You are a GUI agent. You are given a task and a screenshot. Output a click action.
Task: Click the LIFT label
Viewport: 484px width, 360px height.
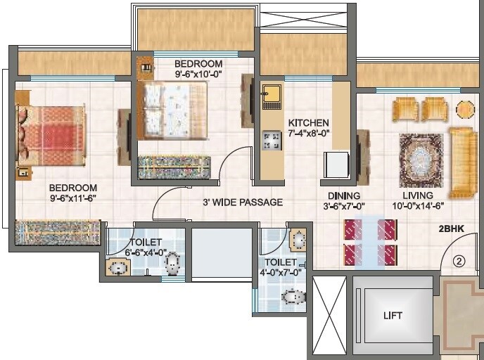click(393, 316)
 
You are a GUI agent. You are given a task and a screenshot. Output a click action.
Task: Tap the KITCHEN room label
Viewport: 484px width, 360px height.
click(309, 122)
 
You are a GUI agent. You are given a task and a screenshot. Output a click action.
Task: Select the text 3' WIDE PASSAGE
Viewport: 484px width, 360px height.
click(243, 202)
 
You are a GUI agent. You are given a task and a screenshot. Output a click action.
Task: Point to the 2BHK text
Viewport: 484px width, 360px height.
click(452, 229)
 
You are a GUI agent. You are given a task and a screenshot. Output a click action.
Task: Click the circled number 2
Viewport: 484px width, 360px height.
click(459, 261)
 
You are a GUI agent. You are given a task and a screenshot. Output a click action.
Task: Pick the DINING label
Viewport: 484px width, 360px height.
click(344, 195)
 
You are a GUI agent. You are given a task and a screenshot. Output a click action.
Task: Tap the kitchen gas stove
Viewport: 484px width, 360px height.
click(271, 141)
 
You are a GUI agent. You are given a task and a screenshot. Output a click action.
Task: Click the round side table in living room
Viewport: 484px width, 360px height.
click(465, 110)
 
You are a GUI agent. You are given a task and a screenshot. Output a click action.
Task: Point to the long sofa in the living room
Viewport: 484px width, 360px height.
click(463, 162)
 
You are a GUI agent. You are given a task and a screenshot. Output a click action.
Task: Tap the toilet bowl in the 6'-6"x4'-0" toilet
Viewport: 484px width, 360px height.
click(172, 264)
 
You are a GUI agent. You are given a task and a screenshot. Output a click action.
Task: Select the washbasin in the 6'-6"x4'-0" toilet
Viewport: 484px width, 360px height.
click(118, 268)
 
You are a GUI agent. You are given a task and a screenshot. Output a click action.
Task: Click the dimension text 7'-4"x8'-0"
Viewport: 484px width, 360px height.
click(309, 133)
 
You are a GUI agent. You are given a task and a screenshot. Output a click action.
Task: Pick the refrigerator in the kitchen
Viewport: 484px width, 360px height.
click(336, 165)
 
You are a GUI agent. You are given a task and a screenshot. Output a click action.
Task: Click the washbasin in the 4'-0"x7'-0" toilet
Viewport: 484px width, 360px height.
click(298, 240)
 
